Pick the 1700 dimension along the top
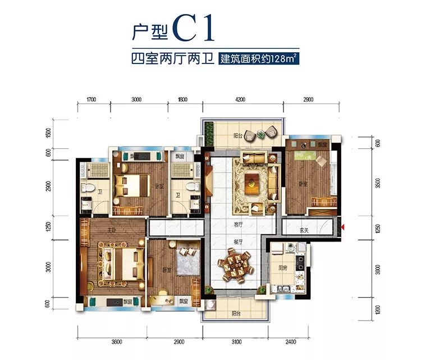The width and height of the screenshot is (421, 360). pos(93,99)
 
